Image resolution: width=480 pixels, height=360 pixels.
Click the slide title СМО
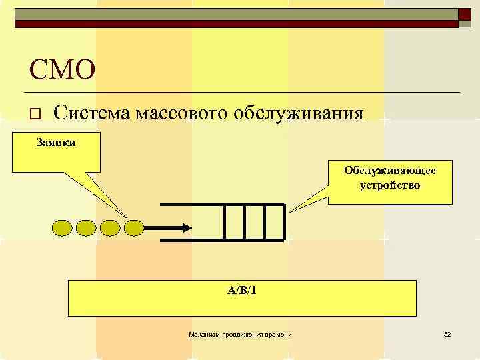coord(62,69)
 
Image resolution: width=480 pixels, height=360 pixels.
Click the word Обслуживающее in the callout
coord(390,171)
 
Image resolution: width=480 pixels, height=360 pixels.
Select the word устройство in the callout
coord(390,185)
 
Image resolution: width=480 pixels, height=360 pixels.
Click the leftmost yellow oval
coord(62,228)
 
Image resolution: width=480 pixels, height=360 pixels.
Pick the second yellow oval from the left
coord(86,228)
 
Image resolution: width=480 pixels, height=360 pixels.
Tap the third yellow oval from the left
coord(110,228)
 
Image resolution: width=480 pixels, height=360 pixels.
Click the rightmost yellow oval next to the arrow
coord(134,228)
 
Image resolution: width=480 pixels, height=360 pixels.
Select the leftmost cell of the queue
coord(233,221)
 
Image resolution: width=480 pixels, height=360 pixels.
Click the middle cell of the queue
coord(254,221)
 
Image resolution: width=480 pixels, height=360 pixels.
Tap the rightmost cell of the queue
coord(274,221)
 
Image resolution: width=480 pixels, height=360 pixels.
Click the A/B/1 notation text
coord(241,290)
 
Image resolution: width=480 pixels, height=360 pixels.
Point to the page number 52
coord(447,333)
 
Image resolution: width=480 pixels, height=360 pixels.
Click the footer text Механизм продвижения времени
coord(240,333)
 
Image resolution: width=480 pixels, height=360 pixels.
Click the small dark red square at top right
coord(465,14)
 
